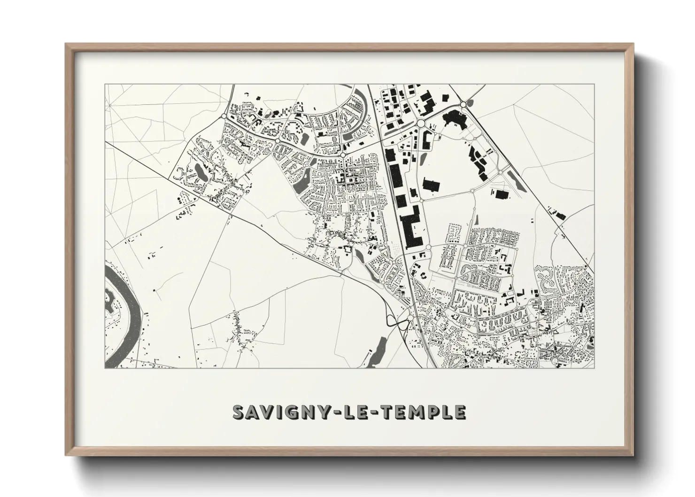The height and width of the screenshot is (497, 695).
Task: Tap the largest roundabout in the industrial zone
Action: tap(421, 123)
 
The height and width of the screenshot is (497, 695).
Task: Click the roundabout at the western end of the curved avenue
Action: tap(224, 116)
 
